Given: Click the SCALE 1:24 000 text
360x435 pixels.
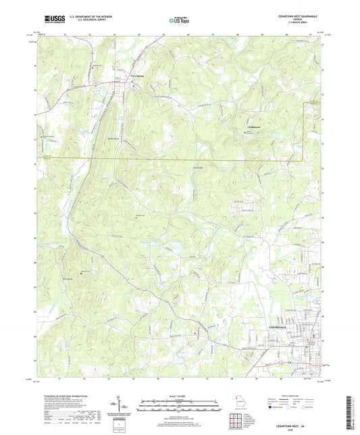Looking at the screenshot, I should pyautogui.click(x=180, y=395).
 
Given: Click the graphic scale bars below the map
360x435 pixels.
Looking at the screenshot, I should pyautogui.click(x=180, y=405).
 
